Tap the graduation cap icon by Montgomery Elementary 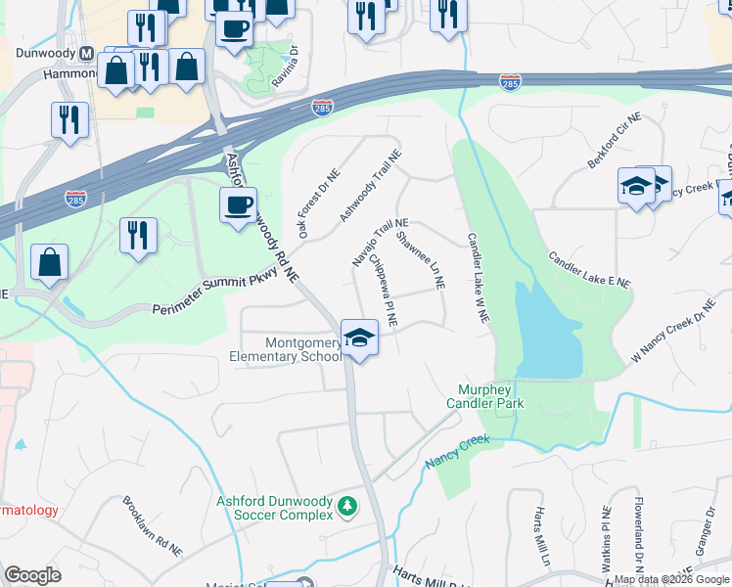pos(359,339)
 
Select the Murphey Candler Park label pos(485,396)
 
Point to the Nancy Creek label pos(456,451)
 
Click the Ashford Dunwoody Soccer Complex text pos(273,508)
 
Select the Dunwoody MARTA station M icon pos(86,53)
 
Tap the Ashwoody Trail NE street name pos(371,186)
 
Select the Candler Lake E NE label pos(590,274)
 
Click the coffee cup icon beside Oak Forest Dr pos(238,205)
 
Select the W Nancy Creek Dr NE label pos(673,339)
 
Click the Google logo pos(32,575)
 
